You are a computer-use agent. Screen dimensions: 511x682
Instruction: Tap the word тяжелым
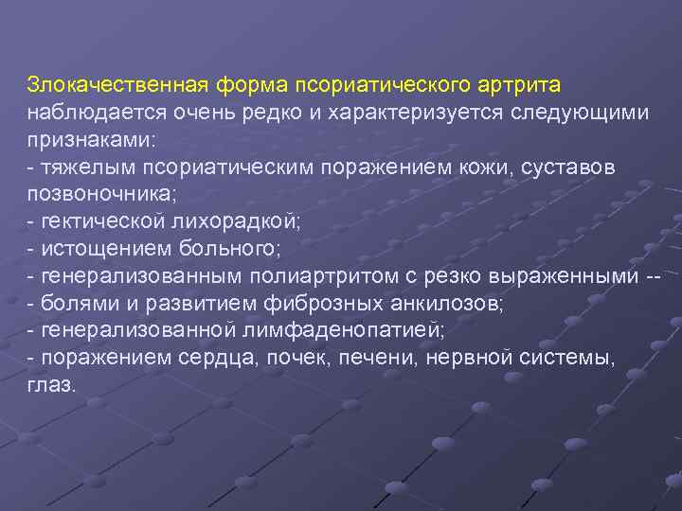[x=76, y=167]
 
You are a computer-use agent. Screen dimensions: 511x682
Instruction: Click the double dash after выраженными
[x=652, y=276]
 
